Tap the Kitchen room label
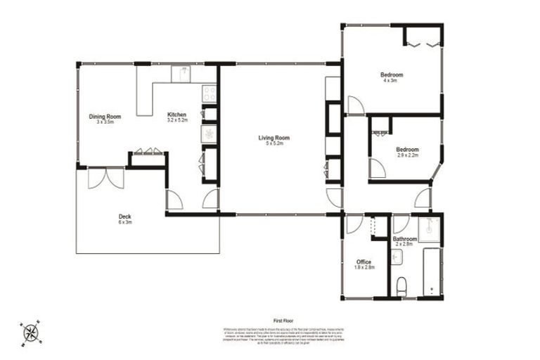click(x=176, y=115)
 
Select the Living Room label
click(x=274, y=138)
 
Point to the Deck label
click(x=125, y=217)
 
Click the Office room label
click(x=364, y=262)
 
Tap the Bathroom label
click(x=405, y=239)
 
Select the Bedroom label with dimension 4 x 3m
click(x=392, y=75)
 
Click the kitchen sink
click(x=182, y=73)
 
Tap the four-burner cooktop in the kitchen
click(x=209, y=92)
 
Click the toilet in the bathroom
click(x=402, y=286)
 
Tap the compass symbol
click(x=31, y=332)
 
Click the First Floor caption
click(x=283, y=320)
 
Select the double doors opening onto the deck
click(x=105, y=179)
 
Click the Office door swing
click(x=354, y=224)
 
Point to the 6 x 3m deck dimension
click(x=125, y=221)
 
